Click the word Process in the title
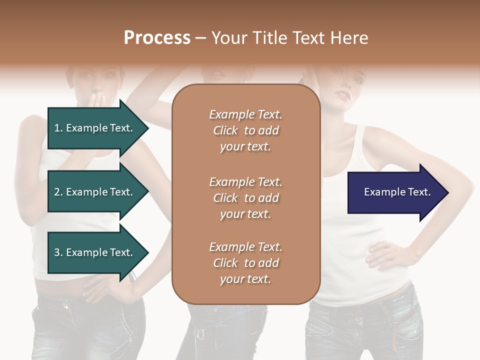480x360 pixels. tap(157, 38)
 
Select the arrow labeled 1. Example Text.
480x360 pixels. tap(95, 128)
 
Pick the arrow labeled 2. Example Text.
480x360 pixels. tap(95, 192)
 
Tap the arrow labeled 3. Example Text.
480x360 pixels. tap(95, 252)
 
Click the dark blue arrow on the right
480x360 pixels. tap(395, 192)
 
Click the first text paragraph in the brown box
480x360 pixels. tap(245, 130)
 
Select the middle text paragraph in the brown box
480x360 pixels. tap(245, 198)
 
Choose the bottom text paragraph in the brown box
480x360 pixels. tap(245, 263)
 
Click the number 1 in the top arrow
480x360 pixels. tap(57, 128)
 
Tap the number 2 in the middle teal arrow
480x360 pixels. tap(57, 192)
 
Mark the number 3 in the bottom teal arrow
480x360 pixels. tap(57, 252)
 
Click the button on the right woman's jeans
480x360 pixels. tap(358, 318)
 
